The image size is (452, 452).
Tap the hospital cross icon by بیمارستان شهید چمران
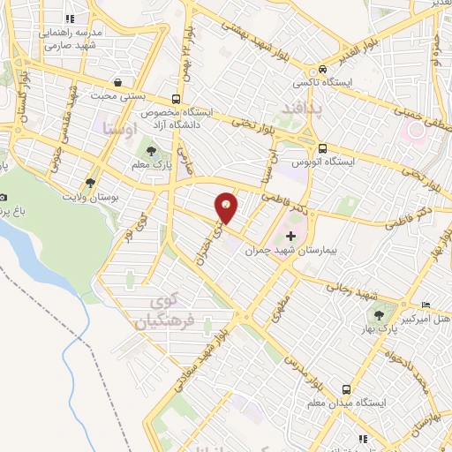[291, 236]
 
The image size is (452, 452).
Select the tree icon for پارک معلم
[151, 150]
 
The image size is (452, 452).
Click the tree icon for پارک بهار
[381, 314]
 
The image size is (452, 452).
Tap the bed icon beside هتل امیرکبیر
[427, 300]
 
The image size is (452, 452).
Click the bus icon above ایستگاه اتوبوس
[324, 147]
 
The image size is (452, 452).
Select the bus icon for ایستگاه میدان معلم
[347, 388]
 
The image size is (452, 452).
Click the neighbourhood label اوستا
[121, 130]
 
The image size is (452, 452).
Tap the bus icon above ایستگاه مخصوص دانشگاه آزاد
[177, 99]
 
